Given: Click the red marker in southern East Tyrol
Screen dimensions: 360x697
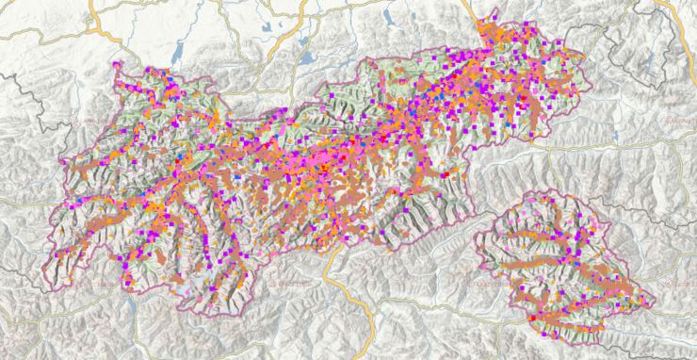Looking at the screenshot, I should point(533,319).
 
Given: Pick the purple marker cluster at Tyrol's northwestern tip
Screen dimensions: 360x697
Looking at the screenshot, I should point(118,66).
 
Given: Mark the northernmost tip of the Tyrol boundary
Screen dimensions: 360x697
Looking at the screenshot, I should point(494,13).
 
